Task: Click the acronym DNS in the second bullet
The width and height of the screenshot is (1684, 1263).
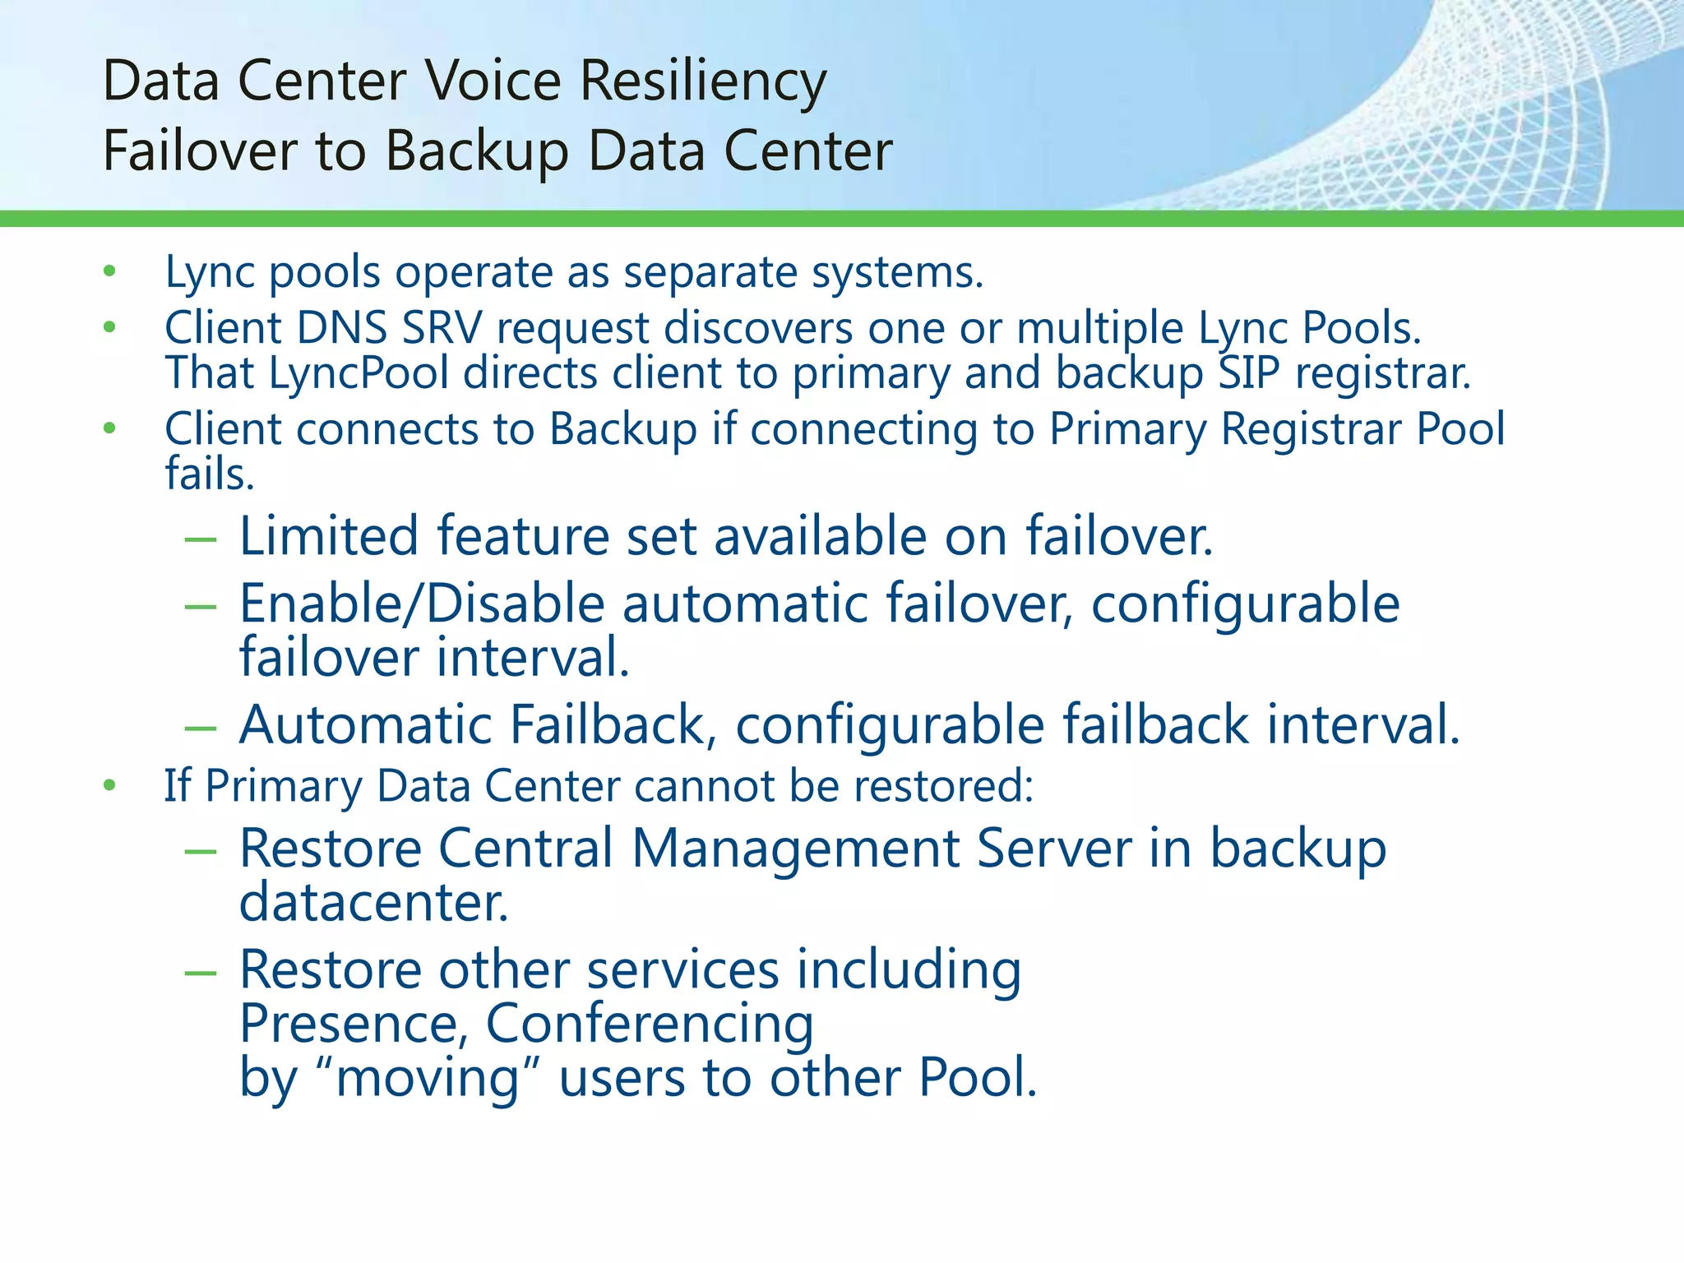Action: (342, 328)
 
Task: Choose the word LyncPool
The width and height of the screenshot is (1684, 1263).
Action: (359, 373)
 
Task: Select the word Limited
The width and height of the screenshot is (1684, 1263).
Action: (329, 536)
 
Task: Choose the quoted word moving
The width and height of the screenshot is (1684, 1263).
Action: (428, 1078)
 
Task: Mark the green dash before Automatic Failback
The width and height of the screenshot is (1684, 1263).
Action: (201, 728)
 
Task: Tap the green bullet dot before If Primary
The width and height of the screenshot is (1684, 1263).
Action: (110, 786)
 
